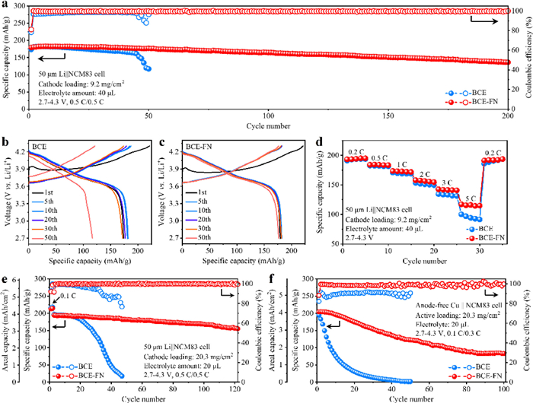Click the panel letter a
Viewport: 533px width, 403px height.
(x=6, y=6)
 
